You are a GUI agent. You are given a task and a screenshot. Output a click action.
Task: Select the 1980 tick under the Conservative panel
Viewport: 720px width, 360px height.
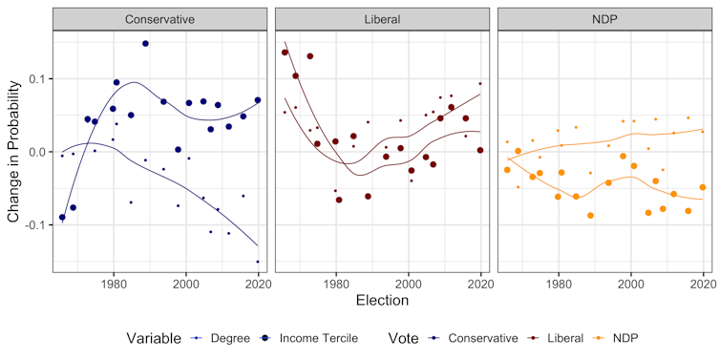(x=114, y=281)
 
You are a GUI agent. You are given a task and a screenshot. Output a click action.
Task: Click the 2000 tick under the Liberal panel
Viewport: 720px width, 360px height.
(x=409, y=281)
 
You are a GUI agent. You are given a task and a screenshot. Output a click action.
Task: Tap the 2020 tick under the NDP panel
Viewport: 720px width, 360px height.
(x=704, y=281)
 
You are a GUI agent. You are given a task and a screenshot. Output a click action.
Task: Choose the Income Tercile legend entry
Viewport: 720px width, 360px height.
(x=306, y=337)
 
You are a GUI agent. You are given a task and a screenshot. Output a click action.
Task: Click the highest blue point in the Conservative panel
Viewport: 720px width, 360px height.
(x=145, y=44)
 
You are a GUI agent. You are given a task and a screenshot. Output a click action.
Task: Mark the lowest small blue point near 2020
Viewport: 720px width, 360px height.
(x=258, y=262)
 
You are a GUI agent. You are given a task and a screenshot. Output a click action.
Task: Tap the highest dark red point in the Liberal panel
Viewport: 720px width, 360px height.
(x=286, y=53)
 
